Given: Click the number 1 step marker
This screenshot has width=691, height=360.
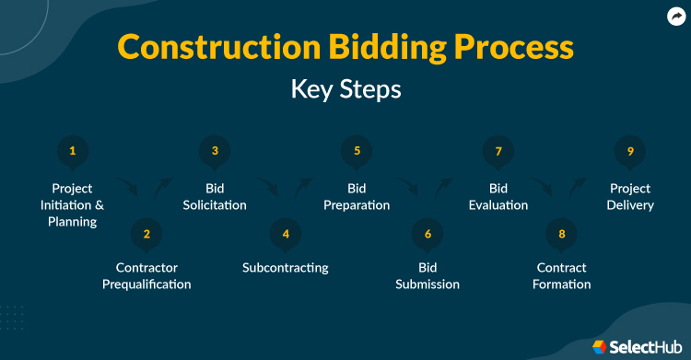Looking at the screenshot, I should pos(73,151).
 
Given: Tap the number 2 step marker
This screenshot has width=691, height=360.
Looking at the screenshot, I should pos(146,234).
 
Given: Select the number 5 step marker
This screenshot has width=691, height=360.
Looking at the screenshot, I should pos(357,151).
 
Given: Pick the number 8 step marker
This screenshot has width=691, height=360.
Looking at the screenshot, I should pos(561,234).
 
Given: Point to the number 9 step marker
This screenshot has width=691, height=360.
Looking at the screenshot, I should pos(630,151).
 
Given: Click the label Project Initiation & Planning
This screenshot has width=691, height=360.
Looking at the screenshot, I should pos(73,205).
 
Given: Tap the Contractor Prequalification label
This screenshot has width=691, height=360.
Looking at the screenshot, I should pos(146,276).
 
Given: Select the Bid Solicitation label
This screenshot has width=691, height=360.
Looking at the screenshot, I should pos(215,197).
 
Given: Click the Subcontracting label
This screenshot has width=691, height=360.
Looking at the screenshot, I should pos(286,268).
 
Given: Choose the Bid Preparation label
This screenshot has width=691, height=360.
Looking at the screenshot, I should pos(357,197).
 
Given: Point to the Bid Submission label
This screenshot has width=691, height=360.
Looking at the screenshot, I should pos(427,276).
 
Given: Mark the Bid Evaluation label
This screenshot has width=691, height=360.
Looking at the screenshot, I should pos(498,197).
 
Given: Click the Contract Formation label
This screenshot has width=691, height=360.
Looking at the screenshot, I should pos(561,276).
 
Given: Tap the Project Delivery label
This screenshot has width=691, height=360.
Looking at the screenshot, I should pos(630,197).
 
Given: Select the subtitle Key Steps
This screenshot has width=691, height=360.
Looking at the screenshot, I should pos(345,90).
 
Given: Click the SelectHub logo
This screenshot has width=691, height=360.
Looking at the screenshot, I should pos(630,346).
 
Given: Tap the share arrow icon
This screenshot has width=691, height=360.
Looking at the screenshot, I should pos(675,16).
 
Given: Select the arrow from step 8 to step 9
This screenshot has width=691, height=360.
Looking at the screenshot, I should pos(577,187).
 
